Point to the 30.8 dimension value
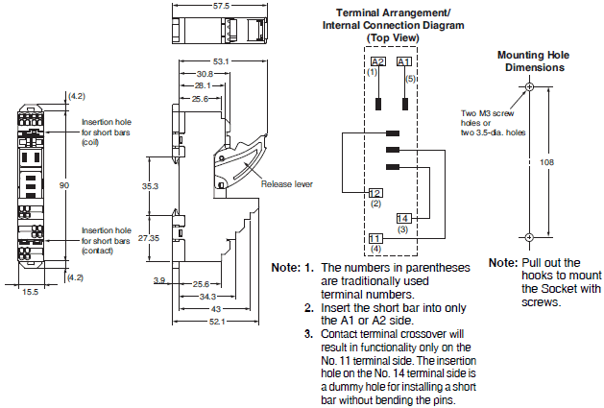[x=204, y=74]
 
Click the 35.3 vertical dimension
[x=150, y=185]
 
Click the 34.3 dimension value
[x=206, y=297]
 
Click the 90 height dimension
[x=64, y=184]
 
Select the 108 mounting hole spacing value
[x=548, y=162]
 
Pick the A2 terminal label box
[x=377, y=61]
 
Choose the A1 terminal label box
[x=404, y=61]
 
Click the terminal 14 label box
[x=403, y=219]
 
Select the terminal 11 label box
[x=375, y=238]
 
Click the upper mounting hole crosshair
[x=529, y=87]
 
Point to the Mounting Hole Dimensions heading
[x=529, y=61]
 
